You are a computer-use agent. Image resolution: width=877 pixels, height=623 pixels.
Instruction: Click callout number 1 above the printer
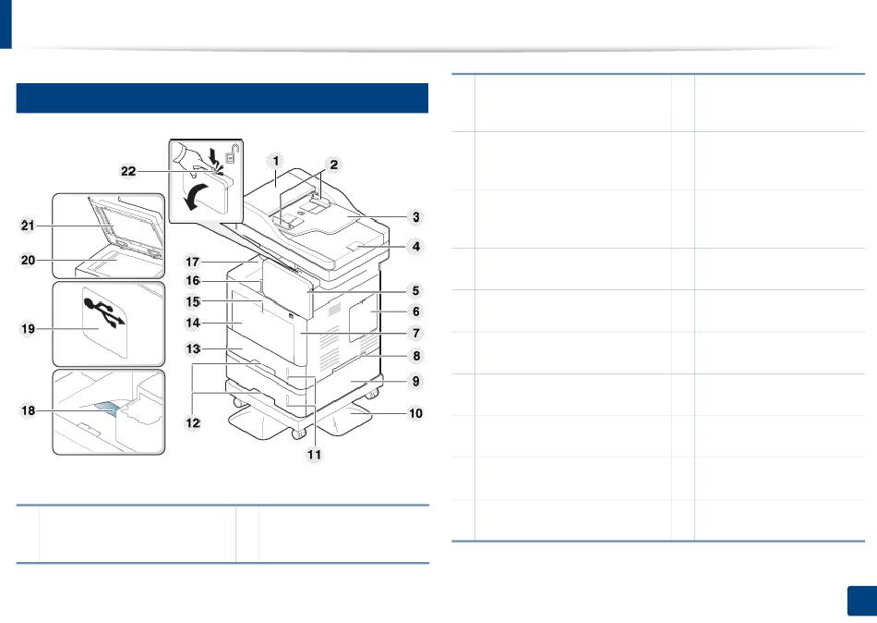(276, 162)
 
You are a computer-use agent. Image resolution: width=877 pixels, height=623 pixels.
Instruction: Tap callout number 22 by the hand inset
(128, 171)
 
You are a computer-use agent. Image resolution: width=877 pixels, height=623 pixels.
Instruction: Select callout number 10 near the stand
(415, 413)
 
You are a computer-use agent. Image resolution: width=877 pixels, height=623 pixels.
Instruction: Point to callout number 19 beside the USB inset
(28, 329)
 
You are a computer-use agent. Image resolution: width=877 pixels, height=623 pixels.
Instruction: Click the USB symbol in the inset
(104, 312)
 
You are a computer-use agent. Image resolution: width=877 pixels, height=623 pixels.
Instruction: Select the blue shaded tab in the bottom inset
(106, 409)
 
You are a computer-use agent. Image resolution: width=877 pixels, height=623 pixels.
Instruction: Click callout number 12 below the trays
(192, 423)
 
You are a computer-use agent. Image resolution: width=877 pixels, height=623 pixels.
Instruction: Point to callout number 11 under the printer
(314, 455)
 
